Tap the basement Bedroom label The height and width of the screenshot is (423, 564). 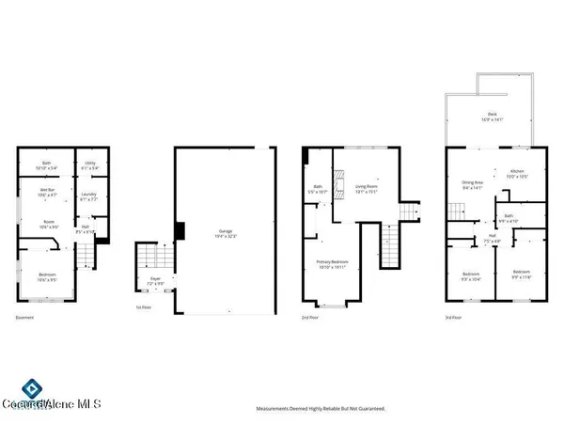tap(46, 275)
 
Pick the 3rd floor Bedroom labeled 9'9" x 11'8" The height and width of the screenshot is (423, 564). tap(520, 275)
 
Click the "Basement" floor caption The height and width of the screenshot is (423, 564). tap(25, 318)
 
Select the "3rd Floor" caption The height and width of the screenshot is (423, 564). tap(453, 318)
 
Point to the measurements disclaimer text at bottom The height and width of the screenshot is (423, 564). tap(321, 409)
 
